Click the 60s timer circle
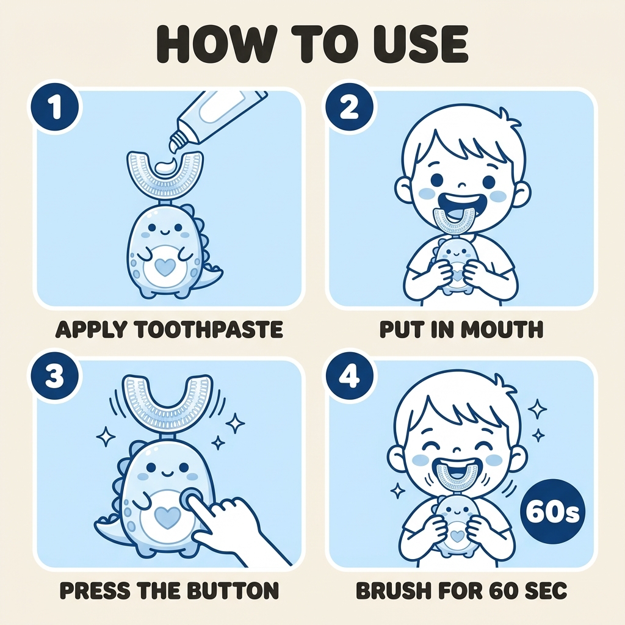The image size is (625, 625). (x=552, y=513)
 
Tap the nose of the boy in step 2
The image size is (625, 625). (x=461, y=186)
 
